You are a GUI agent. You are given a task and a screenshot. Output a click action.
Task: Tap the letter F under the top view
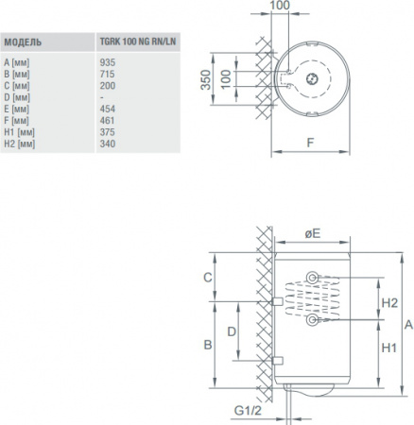click(310, 143)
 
